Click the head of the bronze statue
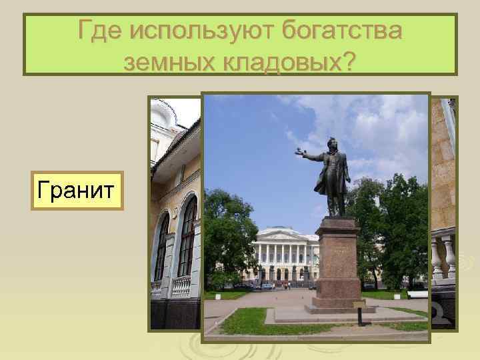(x=330, y=144)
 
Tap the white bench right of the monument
(x=417, y=294)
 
